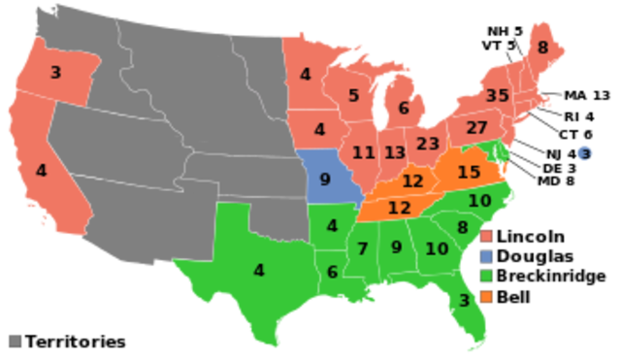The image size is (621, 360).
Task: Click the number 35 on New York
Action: (x=498, y=95)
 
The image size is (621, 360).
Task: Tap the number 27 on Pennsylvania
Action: (x=476, y=128)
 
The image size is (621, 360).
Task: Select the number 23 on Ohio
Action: (x=428, y=144)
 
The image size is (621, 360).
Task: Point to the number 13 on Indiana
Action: (x=394, y=152)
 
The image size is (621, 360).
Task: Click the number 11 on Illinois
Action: (x=364, y=152)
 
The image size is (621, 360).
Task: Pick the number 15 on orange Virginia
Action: (x=469, y=172)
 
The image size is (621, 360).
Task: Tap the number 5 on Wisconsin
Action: (x=354, y=95)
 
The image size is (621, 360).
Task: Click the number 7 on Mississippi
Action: (x=362, y=248)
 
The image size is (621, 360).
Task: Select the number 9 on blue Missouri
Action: (x=325, y=179)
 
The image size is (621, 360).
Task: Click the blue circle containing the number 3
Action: (x=584, y=153)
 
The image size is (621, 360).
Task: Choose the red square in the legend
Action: (x=487, y=237)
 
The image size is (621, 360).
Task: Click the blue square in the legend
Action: (x=487, y=257)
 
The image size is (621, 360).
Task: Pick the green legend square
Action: (x=487, y=277)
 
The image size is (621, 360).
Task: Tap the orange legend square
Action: (x=487, y=297)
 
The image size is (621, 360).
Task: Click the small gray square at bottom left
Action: (x=15, y=341)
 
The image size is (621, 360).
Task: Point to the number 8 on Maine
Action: (x=542, y=47)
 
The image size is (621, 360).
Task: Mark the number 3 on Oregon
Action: (x=55, y=72)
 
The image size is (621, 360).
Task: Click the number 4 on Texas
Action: (x=258, y=270)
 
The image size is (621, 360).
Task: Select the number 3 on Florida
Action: (x=464, y=301)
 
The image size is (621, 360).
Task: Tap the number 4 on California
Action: (x=41, y=170)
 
